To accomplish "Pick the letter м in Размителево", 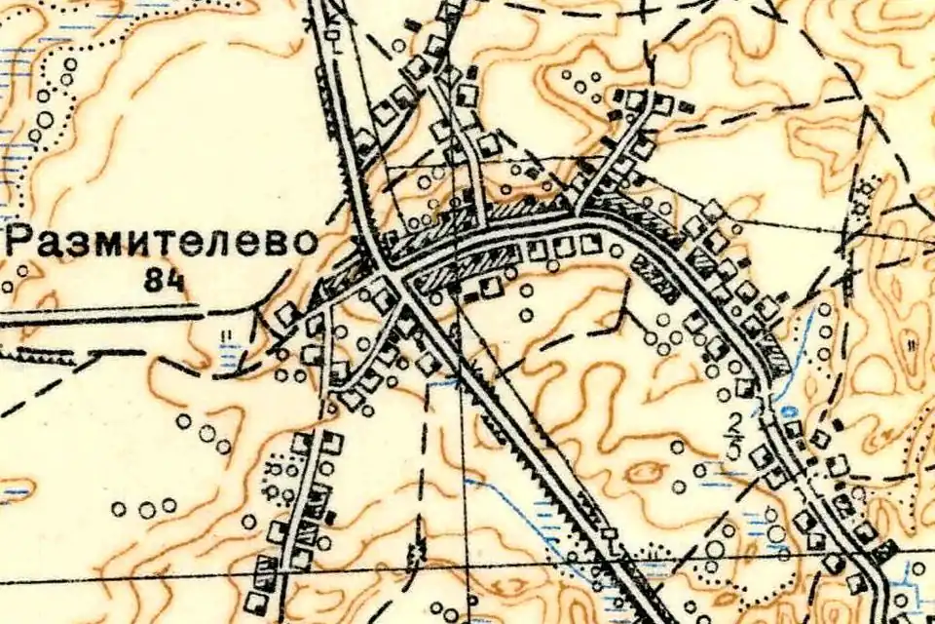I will pos(104,245).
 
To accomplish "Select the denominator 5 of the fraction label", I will pos(734,450).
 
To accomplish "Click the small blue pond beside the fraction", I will pos(787,412).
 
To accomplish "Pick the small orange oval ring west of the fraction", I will pos(645,473).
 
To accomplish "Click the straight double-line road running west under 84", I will pos(97,314).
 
